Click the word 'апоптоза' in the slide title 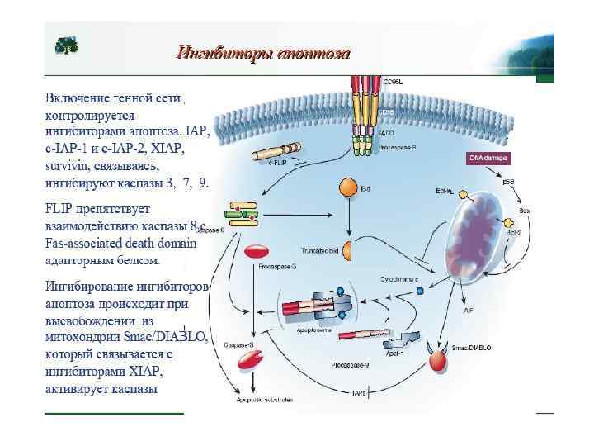314,54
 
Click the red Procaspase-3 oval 257,251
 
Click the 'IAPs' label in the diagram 358,393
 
